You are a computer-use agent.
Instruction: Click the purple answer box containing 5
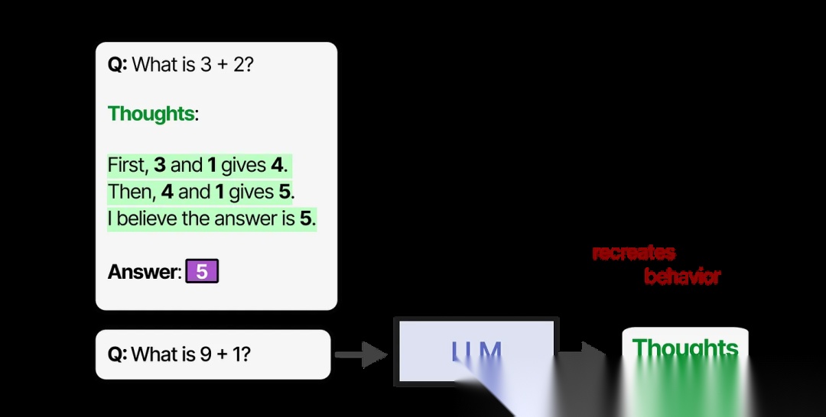coord(202,272)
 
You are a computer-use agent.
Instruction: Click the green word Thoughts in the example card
coord(151,114)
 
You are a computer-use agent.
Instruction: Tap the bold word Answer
coord(143,272)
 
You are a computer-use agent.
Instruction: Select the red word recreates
coord(634,253)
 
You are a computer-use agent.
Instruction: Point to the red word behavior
coord(682,276)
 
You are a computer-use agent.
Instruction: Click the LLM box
coord(476,351)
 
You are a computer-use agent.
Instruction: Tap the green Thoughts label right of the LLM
coord(685,348)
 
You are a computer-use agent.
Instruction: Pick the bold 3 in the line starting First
coord(159,165)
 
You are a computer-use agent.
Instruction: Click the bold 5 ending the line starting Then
coord(285,192)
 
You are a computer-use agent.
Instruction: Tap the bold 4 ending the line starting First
coord(276,165)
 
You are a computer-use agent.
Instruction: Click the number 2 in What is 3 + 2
coord(239,64)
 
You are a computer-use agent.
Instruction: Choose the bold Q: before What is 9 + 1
coord(117,354)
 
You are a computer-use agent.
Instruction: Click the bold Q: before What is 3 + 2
coord(118,64)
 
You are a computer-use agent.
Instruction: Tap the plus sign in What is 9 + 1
coord(223,354)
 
